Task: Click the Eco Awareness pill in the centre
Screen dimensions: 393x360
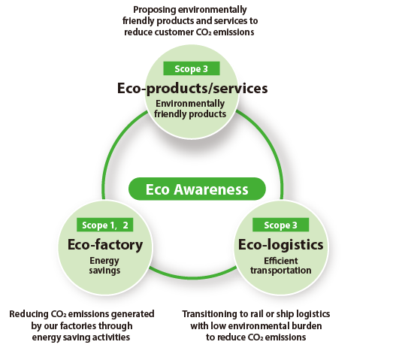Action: [x=197, y=189]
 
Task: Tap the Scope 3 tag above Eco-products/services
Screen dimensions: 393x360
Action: [x=192, y=68]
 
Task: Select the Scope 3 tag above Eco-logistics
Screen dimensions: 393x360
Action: [x=281, y=225]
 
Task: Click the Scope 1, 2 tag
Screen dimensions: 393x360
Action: [x=104, y=225]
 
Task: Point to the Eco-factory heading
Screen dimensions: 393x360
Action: [x=105, y=245]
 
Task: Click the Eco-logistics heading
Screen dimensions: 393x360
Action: [x=281, y=245]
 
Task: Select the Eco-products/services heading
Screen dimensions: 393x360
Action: [x=192, y=88]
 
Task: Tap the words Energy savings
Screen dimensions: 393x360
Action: [x=104, y=265]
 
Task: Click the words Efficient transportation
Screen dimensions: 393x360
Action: [x=281, y=265]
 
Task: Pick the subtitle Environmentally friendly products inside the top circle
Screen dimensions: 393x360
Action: [x=190, y=108]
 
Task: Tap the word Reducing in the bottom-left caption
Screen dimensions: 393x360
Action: [x=29, y=314]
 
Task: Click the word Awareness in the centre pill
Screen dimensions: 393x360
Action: [x=211, y=189]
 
